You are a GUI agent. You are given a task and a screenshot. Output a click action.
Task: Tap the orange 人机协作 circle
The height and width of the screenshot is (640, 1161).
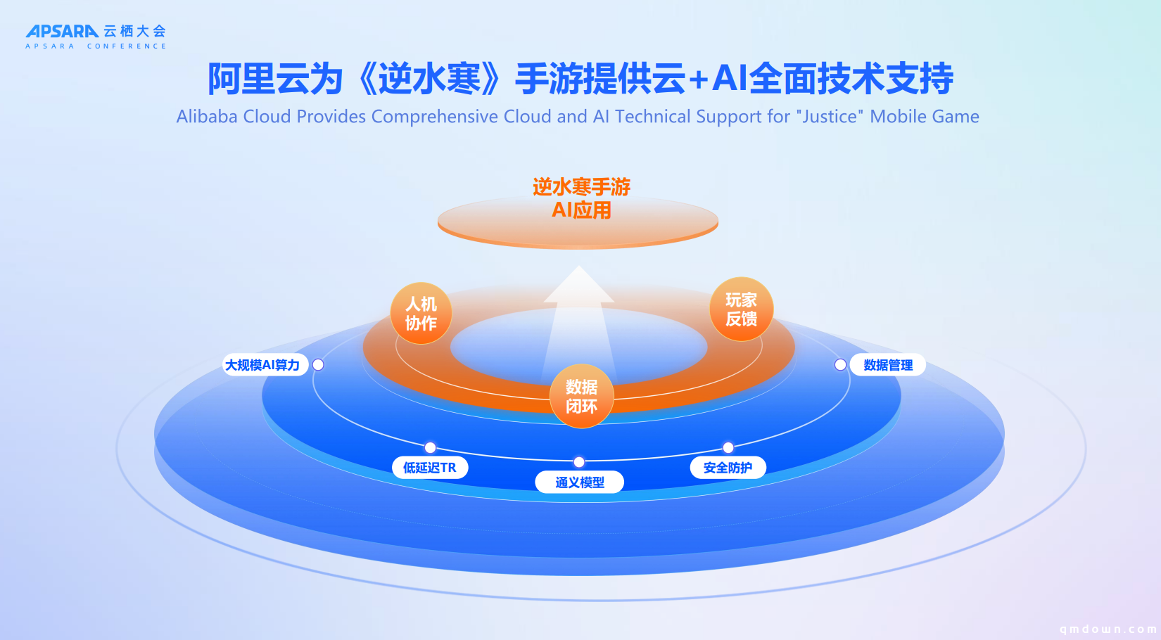[x=421, y=314]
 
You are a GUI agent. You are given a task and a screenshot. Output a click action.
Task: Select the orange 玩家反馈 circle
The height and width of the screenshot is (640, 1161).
[x=742, y=309]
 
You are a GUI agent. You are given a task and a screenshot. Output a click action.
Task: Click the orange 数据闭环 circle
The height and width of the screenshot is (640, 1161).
[x=581, y=397]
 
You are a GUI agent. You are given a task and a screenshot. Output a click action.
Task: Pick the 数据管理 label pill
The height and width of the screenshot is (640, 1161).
[x=887, y=365]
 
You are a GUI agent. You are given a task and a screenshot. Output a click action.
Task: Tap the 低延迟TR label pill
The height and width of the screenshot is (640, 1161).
[x=430, y=468]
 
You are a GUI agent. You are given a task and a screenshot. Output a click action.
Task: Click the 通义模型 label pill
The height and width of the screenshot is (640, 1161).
[x=579, y=482]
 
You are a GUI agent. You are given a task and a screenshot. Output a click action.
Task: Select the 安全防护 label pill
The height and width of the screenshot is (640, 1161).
[x=728, y=468]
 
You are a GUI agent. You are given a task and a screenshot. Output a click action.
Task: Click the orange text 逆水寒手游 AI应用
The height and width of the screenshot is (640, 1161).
[x=581, y=198]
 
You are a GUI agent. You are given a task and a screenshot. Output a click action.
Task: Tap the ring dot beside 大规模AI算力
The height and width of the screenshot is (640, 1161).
[x=318, y=364]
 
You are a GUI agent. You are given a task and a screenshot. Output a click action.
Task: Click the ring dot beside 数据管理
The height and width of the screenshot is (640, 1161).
[x=840, y=364]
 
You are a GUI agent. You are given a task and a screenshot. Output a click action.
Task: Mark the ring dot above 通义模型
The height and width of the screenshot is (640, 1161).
[x=579, y=461]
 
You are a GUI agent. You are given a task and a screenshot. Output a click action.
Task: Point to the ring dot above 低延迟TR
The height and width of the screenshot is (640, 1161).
[x=430, y=447]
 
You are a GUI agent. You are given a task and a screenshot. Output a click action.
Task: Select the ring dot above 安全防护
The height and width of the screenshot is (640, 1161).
[x=728, y=447]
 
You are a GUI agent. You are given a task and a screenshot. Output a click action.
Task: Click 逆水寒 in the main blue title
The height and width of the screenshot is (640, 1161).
[x=429, y=79]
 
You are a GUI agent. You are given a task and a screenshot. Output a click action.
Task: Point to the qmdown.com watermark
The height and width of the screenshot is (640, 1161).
[x=1108, y=629]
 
